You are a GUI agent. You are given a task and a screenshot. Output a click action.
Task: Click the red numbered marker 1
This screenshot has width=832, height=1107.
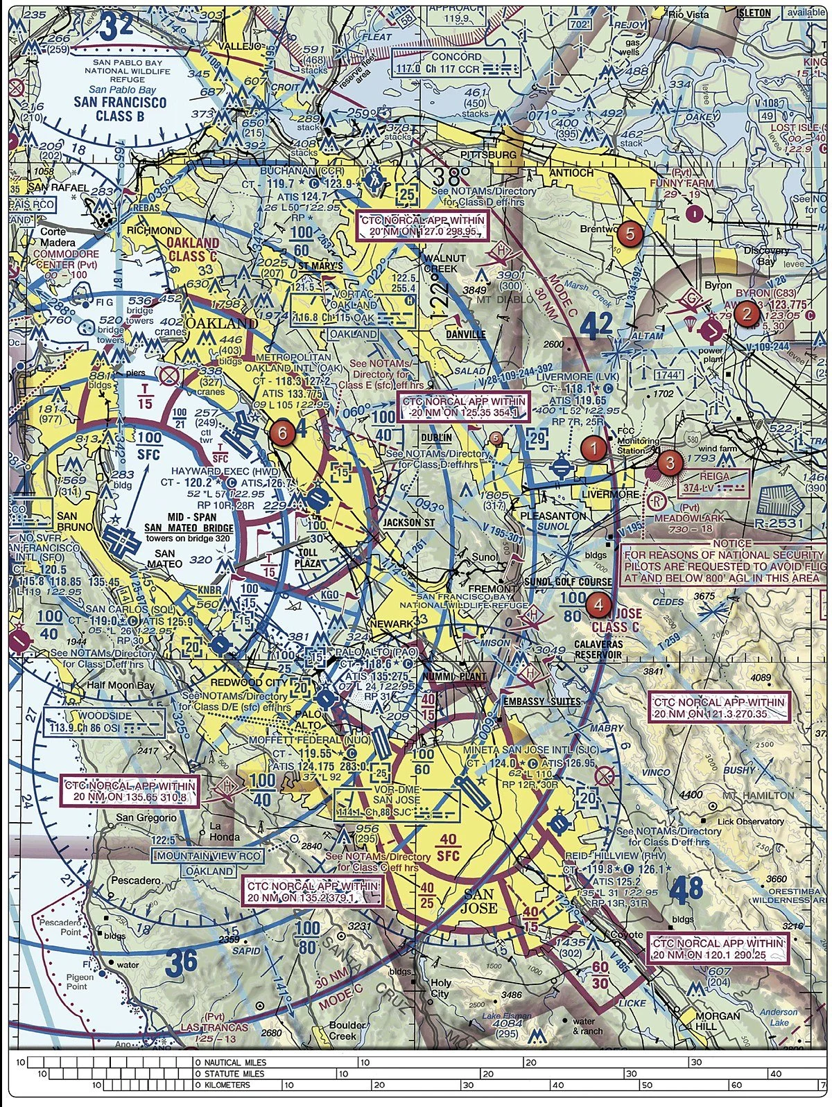tap(593, 448)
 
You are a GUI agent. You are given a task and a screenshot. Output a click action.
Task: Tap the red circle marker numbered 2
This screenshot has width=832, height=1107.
tap(746, 314)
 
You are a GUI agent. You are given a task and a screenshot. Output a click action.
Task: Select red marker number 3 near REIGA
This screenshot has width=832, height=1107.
tap(669, 462)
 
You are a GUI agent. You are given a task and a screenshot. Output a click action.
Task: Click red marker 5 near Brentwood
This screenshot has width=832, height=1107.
tap(629, 234)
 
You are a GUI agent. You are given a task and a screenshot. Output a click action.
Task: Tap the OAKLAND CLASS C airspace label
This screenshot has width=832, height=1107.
tap(192, 250)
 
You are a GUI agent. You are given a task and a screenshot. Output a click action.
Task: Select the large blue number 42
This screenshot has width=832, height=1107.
tap(597, 324)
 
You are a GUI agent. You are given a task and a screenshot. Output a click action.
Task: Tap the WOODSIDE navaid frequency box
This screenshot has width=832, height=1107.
tap(104, 722)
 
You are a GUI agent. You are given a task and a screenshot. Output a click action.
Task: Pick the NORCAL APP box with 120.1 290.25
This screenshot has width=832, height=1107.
tap(719, 949)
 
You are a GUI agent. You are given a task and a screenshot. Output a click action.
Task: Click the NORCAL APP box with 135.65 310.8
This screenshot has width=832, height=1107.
tap(130, 792)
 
